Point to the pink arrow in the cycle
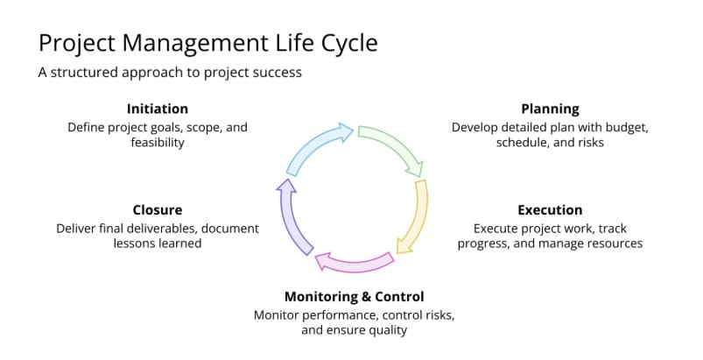click(x=354, y=260)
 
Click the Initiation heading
click(x=158, y=109)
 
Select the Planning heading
click(x=550, y=109)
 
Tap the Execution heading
click(x=550, y=210)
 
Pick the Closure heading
click(x=158, y=210)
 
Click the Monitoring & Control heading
click(x=354, y=296)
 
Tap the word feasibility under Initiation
click(x=158, y=142)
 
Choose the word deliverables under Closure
click(x=169, y=228)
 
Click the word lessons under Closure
click(x=136, y=244)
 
